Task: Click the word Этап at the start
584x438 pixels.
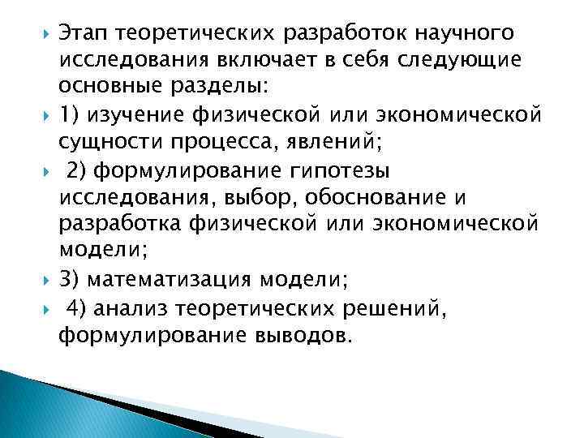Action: coord(84,33)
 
